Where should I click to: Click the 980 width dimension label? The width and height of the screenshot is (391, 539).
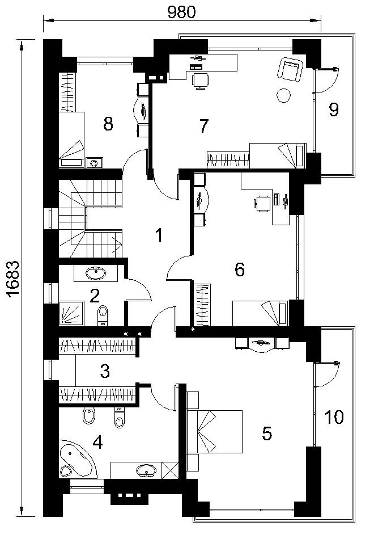[182, 12]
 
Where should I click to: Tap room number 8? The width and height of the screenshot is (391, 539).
[108, 124]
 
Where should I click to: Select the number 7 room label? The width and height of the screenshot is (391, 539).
[204, 126]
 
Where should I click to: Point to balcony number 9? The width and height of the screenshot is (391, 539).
[334, 110]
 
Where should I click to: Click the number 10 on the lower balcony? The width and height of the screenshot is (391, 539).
[334, 417]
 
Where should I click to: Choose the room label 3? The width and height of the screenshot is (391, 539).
[105, 371]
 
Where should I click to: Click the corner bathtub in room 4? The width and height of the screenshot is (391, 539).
[77, 459]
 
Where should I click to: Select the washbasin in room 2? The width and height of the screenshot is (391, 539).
[96, 273]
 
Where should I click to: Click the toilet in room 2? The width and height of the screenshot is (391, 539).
[103, 315]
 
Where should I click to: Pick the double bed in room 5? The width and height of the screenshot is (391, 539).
[215, 431]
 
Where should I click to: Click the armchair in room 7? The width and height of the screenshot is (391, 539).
[291, 69]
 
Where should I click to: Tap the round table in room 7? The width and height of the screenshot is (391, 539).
[283, 95]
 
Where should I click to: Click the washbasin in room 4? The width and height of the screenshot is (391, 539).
[147, 470]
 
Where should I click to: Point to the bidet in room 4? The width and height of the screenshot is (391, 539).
[89, 416]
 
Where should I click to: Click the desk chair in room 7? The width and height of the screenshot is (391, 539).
[200, 81]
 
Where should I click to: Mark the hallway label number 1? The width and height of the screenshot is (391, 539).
[159, 235]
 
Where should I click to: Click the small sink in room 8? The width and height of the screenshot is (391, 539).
[94, 163]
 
